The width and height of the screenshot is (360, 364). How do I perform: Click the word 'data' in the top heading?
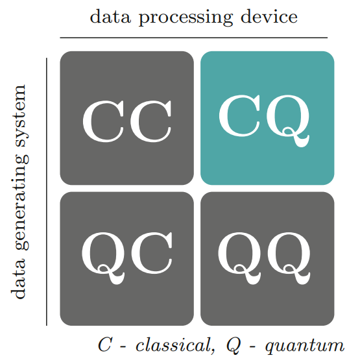click(x=110, y=16)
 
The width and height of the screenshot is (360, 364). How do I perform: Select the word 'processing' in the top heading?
click(x=186, y=18)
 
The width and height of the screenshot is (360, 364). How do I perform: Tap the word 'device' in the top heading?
click(x=269, y=16)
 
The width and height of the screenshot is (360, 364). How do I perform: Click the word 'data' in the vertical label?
click(x=18, y=278)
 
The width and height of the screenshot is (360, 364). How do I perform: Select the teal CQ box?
click(x=267, y=118)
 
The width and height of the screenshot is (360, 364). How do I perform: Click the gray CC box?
click(x=126, y=118)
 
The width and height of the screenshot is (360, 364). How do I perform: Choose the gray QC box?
click(x=126, y=259)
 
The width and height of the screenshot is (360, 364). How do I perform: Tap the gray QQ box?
click(x=267, y=259)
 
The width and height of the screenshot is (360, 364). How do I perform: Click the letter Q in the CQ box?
click(x=288, y=121)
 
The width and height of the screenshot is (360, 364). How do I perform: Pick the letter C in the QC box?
click(x=152, y=253)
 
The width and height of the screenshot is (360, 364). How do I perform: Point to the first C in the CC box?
click(x=104, y=121)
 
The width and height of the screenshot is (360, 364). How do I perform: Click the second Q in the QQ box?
click(x=289, y=258)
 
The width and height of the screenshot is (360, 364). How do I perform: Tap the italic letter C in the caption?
click(x=104, y=345)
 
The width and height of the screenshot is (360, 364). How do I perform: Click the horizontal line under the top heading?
click(x=193, y=38)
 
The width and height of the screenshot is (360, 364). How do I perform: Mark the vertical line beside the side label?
click(x=47, y=192)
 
